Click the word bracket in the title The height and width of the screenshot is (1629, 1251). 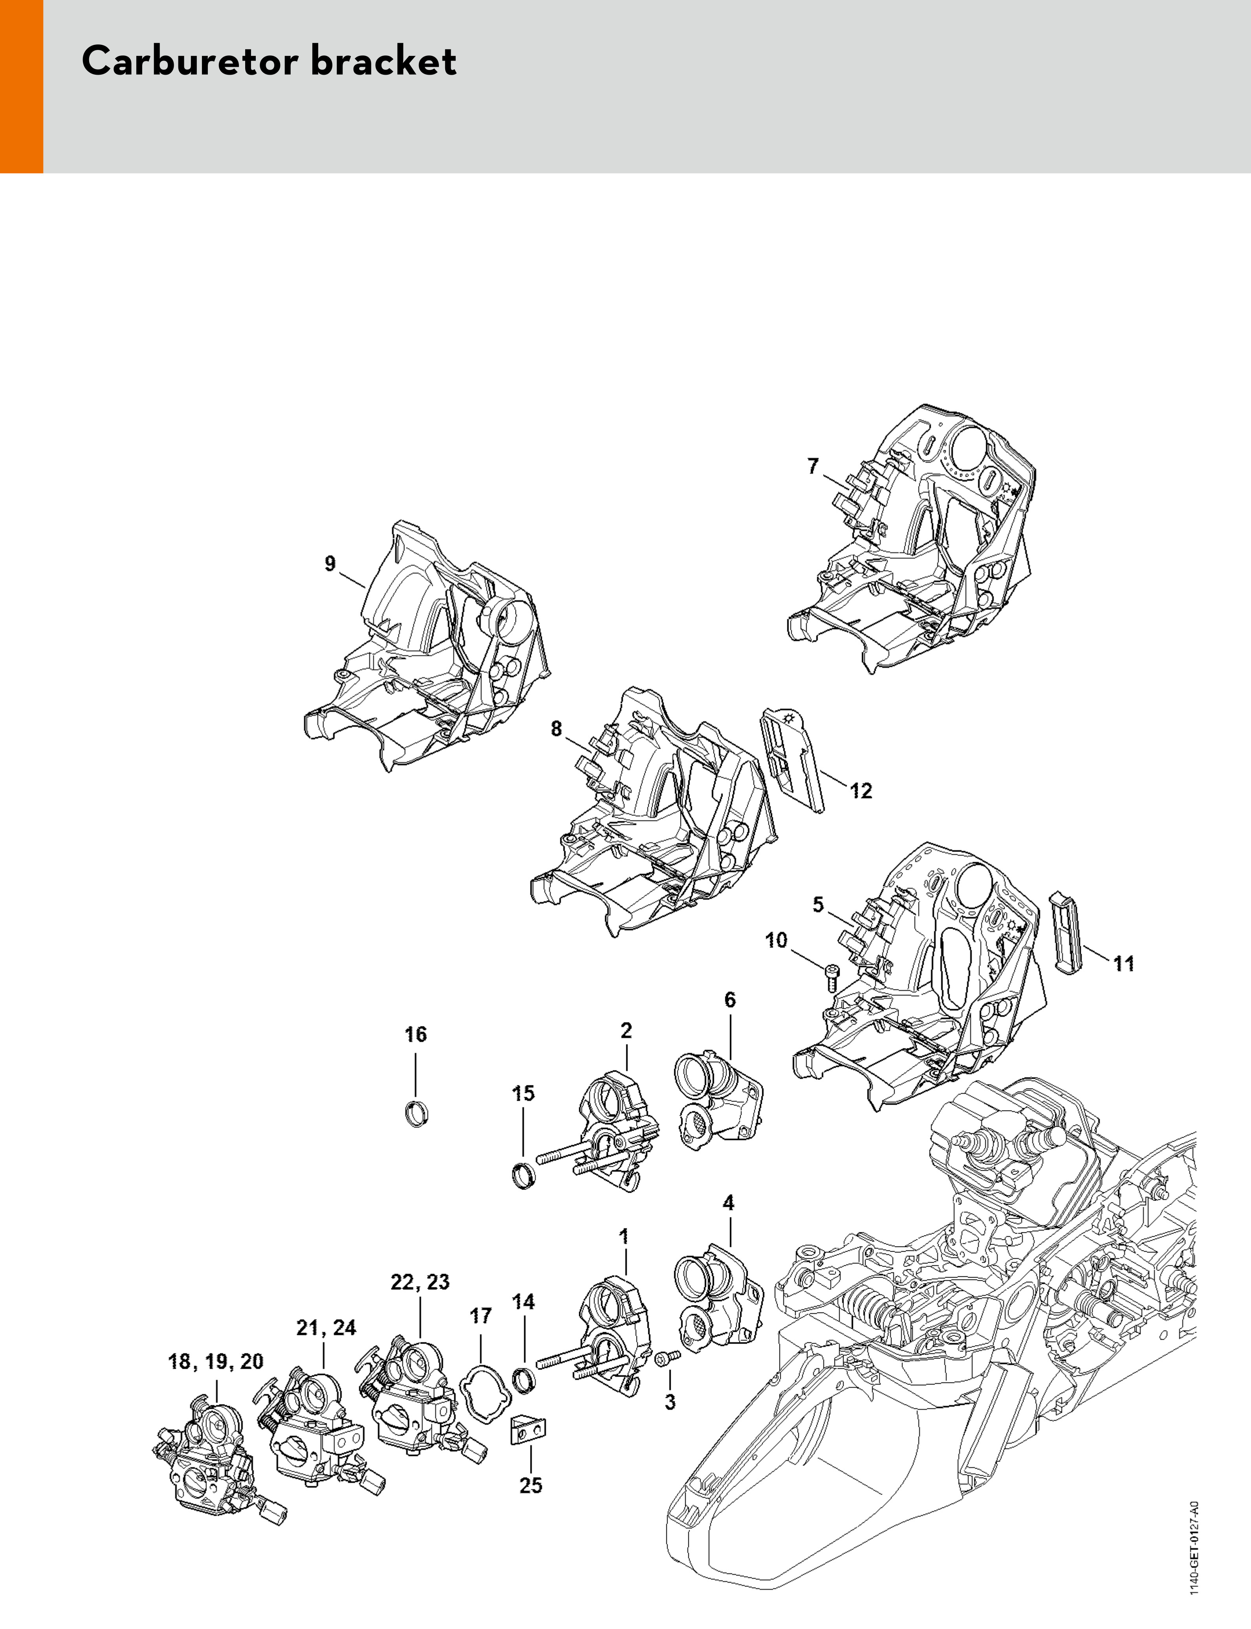[x=383, y=61]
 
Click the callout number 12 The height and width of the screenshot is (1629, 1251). [x=861, y=791]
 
